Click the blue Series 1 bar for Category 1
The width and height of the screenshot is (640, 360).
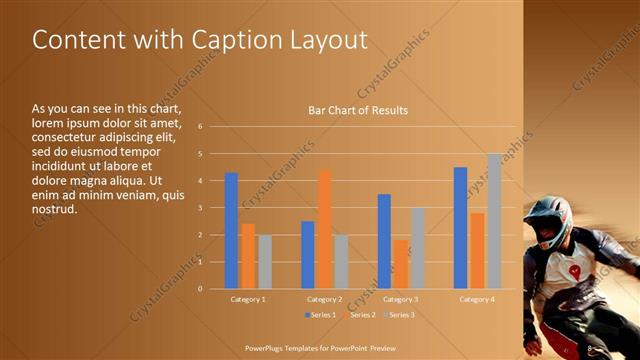(231, 231)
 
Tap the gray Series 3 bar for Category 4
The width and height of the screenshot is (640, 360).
(494, 221)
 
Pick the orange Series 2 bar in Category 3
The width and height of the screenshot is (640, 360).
(401, 264)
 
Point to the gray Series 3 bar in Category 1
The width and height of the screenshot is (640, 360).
(264, 262)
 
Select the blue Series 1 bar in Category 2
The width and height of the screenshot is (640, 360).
(308, 255)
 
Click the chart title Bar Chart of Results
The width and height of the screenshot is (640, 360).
(357, 110)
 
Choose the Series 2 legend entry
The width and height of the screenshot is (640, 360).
(358, 315)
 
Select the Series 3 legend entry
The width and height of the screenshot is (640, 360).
(398, 315)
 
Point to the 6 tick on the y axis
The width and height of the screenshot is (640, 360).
(200, 127)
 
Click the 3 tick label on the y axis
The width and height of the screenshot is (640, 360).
(200, 208)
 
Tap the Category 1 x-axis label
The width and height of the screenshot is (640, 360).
(248, 299)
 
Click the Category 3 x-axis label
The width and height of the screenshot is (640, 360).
(400, 299)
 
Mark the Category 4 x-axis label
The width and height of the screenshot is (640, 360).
(476, 299)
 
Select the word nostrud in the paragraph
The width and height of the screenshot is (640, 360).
(54, 210)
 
